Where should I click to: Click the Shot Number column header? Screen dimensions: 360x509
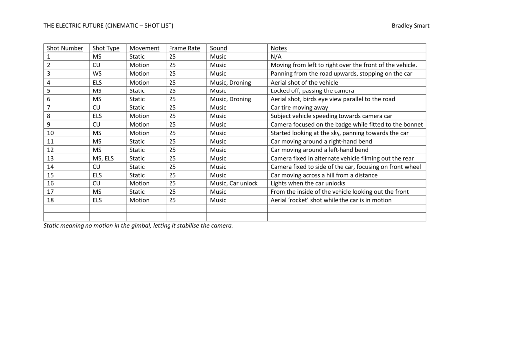(65, 48)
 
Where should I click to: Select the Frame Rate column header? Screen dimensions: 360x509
(184, 48)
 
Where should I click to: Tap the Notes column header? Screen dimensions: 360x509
(278, 48)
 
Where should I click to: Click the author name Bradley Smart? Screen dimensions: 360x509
(411, 26)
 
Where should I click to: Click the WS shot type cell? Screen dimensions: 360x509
(97, 74)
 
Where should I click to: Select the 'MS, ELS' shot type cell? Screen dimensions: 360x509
(103, 158)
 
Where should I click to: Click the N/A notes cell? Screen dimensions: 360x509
(276, 57)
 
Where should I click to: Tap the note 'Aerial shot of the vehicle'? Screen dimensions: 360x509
(304, 82)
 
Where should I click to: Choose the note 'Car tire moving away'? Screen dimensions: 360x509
(299, 107)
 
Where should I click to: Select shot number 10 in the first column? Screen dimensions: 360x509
(50, 133)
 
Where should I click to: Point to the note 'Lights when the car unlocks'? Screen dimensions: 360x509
(308, 183)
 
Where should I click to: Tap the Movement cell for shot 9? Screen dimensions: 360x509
(139, 124)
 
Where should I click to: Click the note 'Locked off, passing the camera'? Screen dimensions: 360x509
(312, 90)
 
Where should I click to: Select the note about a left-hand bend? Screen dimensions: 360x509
(319, 150)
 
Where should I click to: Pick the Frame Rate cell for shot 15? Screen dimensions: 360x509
(172, 175)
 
